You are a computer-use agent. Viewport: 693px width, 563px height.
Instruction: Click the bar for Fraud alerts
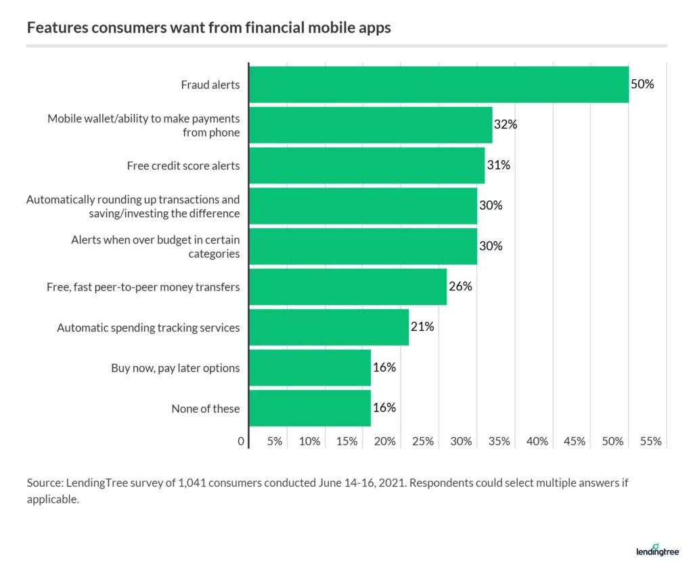coord(439,85)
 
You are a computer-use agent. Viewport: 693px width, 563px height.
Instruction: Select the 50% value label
coord(642,85)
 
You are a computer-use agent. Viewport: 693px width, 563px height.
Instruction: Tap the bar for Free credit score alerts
coord(367,166)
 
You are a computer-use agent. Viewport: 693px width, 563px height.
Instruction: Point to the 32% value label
coord(505,125)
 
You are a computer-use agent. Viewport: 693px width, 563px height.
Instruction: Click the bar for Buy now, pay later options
coord(310,368)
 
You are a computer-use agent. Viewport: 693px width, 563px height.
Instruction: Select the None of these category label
coord(206,409)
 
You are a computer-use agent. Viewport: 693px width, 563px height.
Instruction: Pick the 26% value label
coord(460,286)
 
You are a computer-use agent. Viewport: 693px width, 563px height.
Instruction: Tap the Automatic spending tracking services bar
coord(329,328)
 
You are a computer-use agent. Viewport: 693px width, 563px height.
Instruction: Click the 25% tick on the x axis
coord(423,441)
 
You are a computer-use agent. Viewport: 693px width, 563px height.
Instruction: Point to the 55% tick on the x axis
coord(650,441)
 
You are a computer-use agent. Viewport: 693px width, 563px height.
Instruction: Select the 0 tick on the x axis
coord(241,441)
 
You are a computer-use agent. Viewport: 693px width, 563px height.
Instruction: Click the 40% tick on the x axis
coord(537,441)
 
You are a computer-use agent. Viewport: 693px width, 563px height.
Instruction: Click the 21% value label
coord(422,327)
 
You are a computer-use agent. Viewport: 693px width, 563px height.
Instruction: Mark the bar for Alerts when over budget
coord(363,246)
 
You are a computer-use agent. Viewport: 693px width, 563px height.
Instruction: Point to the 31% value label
coord(497,165)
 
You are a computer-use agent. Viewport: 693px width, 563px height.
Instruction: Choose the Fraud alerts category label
coord(210,85)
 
